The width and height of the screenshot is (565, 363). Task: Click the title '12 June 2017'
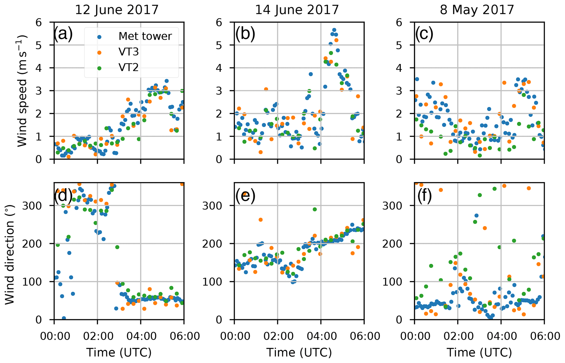pos(117,10)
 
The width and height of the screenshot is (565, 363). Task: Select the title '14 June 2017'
pos(297,10)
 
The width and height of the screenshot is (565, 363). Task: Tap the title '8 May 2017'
pos(477,10)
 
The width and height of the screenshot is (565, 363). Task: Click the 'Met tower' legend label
pos(145,36)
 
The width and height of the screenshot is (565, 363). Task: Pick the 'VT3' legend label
pos(128,52)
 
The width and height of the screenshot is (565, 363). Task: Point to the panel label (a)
pos(63,34)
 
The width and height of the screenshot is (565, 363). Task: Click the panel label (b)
pos(245,34)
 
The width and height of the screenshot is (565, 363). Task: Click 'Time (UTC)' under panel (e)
pos(299,352)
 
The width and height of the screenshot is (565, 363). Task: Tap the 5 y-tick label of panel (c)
pos(399,45)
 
